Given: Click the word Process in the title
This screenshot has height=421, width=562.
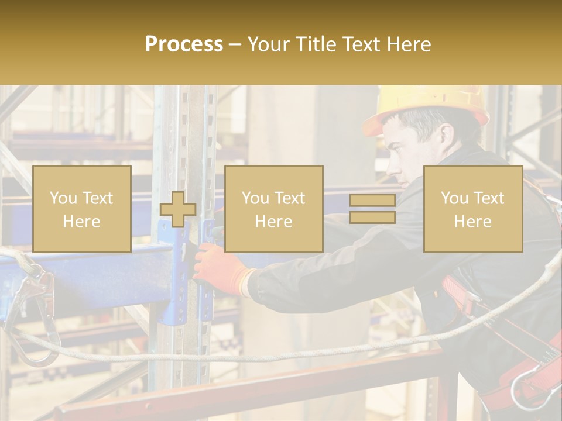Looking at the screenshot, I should click(184, 44).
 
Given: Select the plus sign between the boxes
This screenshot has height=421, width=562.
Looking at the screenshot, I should click(178, 209).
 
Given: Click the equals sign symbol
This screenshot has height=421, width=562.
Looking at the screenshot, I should click(372, 209).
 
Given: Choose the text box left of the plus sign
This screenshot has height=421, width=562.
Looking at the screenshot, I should click(81, 209).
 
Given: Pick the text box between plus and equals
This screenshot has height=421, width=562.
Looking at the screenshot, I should click(273, 209).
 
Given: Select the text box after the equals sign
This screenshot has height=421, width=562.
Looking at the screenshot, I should click(472, 209).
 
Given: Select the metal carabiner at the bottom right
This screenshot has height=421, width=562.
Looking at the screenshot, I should click(527, 386).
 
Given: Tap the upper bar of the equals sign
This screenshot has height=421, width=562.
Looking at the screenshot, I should click(372, 201).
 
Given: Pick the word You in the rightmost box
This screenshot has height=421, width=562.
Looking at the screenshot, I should click(454, 198).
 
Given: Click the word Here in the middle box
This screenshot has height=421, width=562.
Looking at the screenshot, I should click(273, 222).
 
